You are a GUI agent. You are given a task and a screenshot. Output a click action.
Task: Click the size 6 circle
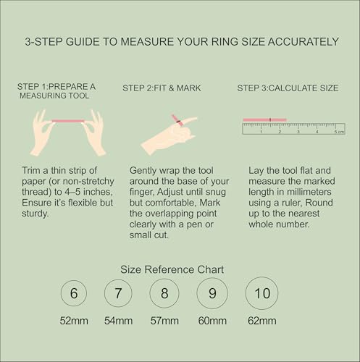(x=74, y=294)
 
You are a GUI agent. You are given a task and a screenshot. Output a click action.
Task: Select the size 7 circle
(x=118, y=294)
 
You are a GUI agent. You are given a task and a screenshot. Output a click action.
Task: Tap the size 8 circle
(x=164, y=294)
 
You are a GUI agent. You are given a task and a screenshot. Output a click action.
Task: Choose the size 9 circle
(x=212, y=294)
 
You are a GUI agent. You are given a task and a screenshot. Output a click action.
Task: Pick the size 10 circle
(x=261, y=293)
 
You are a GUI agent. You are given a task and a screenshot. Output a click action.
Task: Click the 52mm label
(x=74, y=321)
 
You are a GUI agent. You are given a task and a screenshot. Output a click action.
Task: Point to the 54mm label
(x=118, y=321)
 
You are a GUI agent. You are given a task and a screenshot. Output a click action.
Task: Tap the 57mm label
(x=164, y=321)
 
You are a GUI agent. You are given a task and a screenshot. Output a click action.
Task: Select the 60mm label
(x=212, y=321)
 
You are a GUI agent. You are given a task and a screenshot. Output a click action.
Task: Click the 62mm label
(x=261, y=321)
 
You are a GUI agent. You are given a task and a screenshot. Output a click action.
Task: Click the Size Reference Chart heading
(x=172, y=269)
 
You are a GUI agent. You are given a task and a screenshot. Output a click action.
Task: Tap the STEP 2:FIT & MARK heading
(x=163, y=88)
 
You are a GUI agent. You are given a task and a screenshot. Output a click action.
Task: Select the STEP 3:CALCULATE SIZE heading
(x=288, y=88)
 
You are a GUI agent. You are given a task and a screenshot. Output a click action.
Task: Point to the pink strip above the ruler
(x=269, y=119)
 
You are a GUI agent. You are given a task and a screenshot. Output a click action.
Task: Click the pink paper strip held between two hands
(x=68, y=121)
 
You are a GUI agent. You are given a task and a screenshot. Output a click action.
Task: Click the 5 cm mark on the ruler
(x=335, y=132)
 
